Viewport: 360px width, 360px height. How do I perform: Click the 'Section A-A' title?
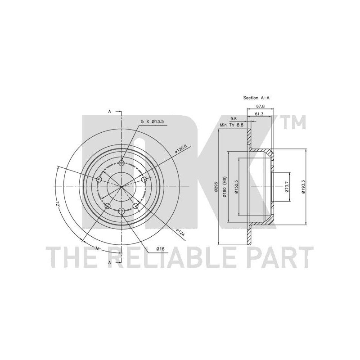(x=256, y=98)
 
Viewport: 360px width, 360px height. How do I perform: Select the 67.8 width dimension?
(x=260, y=106)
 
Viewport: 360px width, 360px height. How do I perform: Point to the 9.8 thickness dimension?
(x=234, y=119)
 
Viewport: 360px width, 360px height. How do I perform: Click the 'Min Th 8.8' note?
(x=231, y=125)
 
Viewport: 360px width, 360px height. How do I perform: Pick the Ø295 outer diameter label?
(x=216, y=187)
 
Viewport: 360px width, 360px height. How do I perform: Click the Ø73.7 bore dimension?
(x=287, y=187)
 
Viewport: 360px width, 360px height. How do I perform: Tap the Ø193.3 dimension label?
(x=303, y=187)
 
